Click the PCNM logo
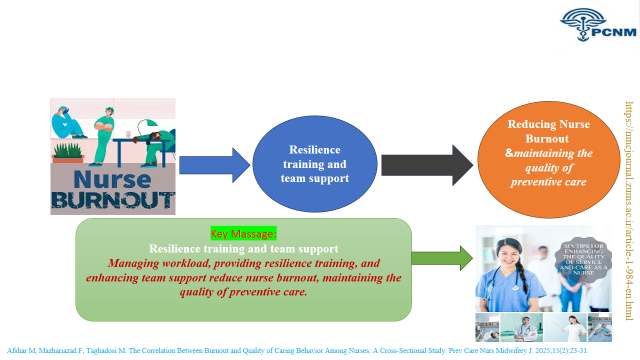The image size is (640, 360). point(598,25)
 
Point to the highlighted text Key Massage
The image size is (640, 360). point(243,233)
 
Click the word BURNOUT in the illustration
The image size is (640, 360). point(113,200)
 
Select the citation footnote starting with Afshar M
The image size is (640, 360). point(297,350)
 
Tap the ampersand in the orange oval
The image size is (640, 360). point(509,153)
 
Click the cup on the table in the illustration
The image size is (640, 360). point(128,135)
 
